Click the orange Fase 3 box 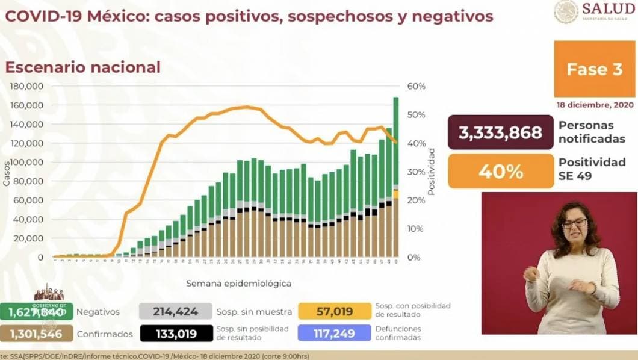pyautogui.click(x=594, y=69)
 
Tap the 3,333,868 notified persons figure pyautogui.click(x=500, y=132)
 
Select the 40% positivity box pyautogui.click(x=500, y=172)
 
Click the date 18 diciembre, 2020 pyautogui.click(x=595, y=105)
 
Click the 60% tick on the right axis pyautogui.click(x=417, y=86)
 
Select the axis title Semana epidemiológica pyautogui.click(x=238, y=282)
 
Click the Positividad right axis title pyautogui.click(x=431, y=172)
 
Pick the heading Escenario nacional pyautogui.click(x=83, y=67)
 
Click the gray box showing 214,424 pyautogui.click(x=176, y=311)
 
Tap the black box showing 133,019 pyautogui.click(x=176, y=333)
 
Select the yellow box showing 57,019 pyautogui.click(x=335, y=311)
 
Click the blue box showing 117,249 pyautogui.click(x=335, y=333)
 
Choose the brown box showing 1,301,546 pyautogui.click(x=37, y=333)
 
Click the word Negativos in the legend pyautogui.click(x=98, y=312)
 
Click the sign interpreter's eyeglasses pyautogui.click(x=574, y=223)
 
